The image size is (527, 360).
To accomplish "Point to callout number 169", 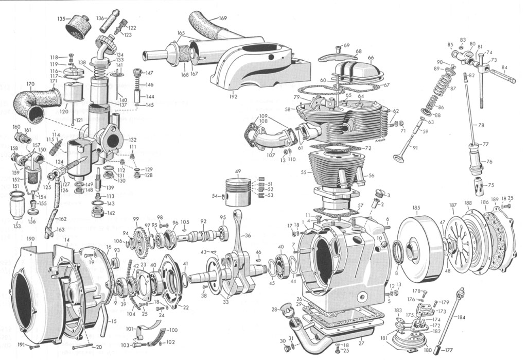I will [222, 19].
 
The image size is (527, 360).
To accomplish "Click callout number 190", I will [31, 239].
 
